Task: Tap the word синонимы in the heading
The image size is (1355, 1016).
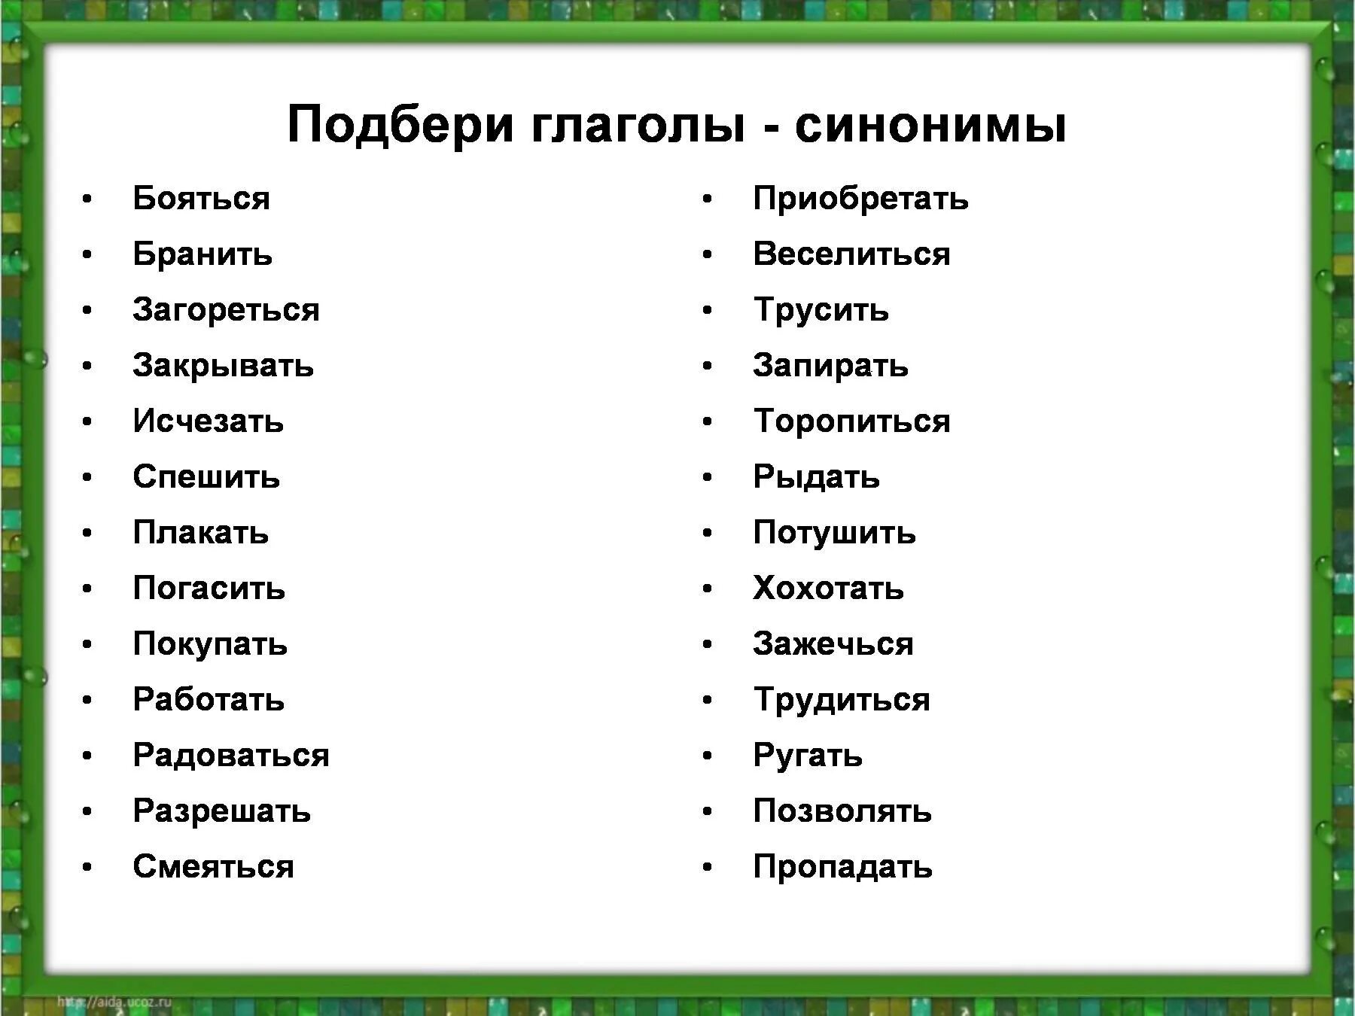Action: (x=930, y=124)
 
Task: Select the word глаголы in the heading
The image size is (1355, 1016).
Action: (x=638, y=124)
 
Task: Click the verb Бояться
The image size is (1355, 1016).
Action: (x=201, y=199)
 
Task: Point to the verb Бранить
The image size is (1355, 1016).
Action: (x=202, y=254)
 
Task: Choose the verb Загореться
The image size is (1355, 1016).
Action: (x=226, y=310)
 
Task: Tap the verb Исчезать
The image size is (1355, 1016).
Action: (x=208, y=421)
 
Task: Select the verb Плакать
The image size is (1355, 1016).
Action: (x=200, y=533)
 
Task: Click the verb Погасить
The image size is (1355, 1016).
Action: (x=209, y=589)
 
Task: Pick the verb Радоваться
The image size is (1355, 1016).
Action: (x=231, y=756)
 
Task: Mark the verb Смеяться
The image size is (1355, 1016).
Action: (x=213, y=867)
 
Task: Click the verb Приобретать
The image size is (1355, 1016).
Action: (x=860, y=199)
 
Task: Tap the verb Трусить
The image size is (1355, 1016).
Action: (x=821, y=310)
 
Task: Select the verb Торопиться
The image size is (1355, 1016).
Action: (x=851, y=421)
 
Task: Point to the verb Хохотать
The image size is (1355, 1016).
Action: (x=828, y=589)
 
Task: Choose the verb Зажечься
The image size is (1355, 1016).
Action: (x=833, y=644)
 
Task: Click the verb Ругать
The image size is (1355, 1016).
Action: (x=807, y=756)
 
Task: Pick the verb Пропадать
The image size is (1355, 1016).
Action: (x=842, y=867)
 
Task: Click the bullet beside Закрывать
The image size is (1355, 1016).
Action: (x=87, y=367)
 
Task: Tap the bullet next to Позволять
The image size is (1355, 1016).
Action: (x=708, y=812)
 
